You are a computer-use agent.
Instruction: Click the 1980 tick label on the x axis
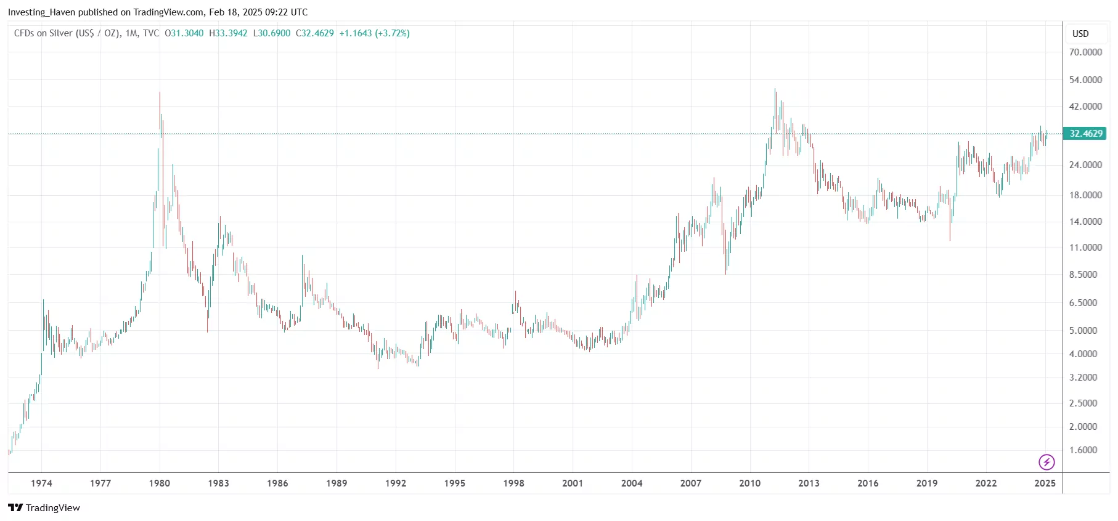click(160, 483)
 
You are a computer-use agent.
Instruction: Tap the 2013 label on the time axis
click(809, 483)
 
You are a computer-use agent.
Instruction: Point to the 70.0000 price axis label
click(1085, 52)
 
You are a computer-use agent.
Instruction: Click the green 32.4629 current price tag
click(1085, 134)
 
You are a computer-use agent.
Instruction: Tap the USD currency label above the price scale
click(1080, 34)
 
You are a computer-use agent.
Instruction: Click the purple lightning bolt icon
click(1047, 462)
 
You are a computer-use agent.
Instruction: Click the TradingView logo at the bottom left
click(44, 508)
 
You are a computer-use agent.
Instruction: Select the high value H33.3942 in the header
click(228, 33)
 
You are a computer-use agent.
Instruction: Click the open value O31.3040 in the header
click(184, 33)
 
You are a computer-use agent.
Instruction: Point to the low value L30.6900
click(272, 33)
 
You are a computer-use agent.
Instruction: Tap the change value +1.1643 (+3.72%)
click(374, 33)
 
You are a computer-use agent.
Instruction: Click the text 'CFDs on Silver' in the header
click(43, 33)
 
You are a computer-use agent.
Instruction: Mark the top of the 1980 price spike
click(160, 92)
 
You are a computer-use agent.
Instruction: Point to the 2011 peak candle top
click(775, 89)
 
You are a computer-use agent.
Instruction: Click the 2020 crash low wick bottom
click(950, 240)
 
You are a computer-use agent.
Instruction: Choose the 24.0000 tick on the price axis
click(1085, 165)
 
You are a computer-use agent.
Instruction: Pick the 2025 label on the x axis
click(1045, 483)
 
